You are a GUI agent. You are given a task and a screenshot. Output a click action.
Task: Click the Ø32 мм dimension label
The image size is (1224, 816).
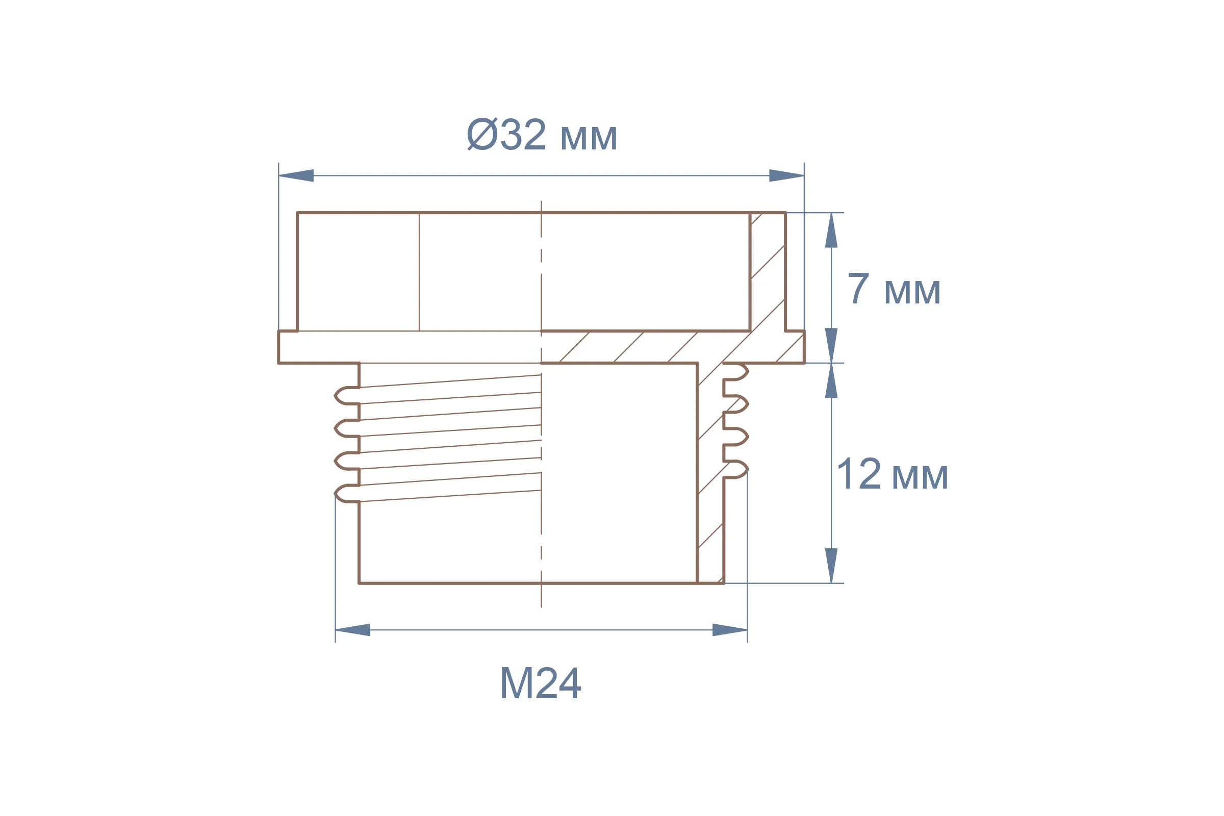(x=542, y=134)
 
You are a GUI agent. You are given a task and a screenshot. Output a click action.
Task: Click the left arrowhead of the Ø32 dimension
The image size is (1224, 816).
(x=296, y=175)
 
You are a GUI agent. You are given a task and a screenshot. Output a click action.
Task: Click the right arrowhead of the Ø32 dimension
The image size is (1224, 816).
(x=787, y=175)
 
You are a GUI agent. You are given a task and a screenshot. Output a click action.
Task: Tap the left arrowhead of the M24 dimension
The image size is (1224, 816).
(x=353, y=630)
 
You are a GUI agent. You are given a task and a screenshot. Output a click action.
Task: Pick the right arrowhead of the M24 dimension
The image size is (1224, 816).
(x=730, y=630)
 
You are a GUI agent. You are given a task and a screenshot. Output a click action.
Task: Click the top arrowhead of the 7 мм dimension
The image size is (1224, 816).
(x=831, y=230)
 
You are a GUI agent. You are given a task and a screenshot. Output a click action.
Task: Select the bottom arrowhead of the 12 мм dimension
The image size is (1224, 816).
(x=831, y=566)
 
